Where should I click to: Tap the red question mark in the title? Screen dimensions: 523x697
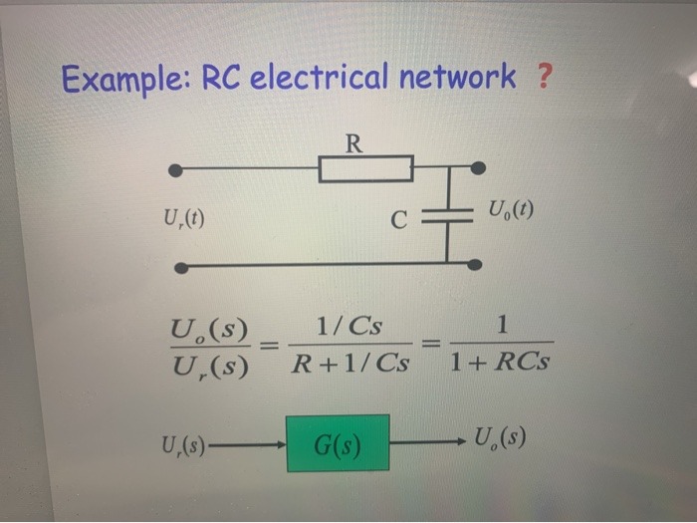[543, 77]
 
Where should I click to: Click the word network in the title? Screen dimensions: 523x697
[459, 77]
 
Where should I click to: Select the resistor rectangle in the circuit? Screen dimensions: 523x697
[366, 168]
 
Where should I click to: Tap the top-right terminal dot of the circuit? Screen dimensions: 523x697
[478, 166]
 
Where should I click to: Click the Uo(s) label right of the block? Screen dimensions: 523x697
[501, 438]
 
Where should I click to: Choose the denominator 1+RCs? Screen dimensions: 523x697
[499, 364]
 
